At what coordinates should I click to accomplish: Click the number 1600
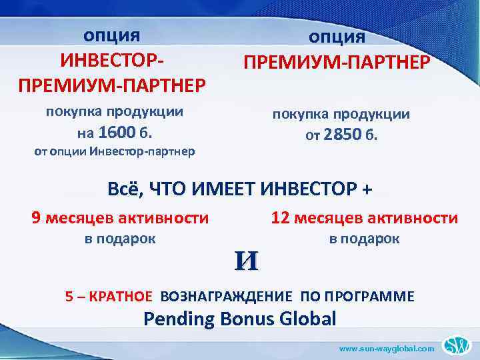pyautogui.click(x=117, y=131)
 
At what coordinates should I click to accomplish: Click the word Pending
pyautogui.click(x=177, y=319)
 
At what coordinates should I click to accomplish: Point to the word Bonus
pyautogui.click(x=243, y=319)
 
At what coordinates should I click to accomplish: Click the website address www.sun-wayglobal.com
pyautogui.click(x=387, y=348)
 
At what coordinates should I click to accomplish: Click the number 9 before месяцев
pyautogui.click(x=37, y=217)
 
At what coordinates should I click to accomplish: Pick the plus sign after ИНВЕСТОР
pyautogui.click(x=365, y=189)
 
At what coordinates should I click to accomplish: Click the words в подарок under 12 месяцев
pyautogui.click(x=364, y=239)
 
